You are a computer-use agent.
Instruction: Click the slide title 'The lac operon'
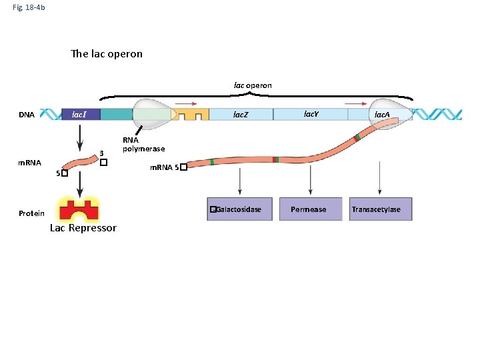107,54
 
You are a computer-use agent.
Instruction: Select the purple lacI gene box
81,115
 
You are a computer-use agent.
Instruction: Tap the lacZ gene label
240,115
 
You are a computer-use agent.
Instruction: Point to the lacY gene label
311,114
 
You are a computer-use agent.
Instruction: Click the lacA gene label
382,115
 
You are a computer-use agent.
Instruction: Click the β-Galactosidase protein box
240,209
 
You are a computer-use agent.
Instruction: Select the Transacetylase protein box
376,209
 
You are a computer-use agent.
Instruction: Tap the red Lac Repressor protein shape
79,209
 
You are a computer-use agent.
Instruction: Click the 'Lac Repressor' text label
83,228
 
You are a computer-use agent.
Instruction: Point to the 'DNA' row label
27,115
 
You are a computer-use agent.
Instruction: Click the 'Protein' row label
31,213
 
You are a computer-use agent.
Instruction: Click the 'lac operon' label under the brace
253,85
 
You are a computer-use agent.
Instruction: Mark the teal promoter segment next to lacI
117,115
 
